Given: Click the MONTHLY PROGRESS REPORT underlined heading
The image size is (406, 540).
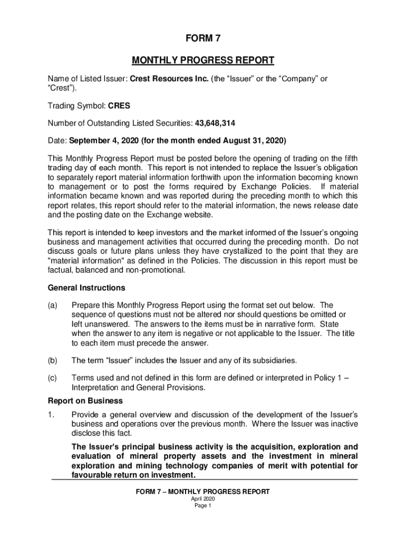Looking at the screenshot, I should point(202,60).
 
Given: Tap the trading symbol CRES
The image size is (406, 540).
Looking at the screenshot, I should point(119,105).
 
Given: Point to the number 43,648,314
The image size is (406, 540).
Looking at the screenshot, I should point(215,123).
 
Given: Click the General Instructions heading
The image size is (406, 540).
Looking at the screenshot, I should point(86,288).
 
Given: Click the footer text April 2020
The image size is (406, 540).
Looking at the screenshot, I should point(202,499).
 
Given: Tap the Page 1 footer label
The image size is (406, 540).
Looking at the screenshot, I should point(202,505).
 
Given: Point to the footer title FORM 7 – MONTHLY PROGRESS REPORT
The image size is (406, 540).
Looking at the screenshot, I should point(202,491).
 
